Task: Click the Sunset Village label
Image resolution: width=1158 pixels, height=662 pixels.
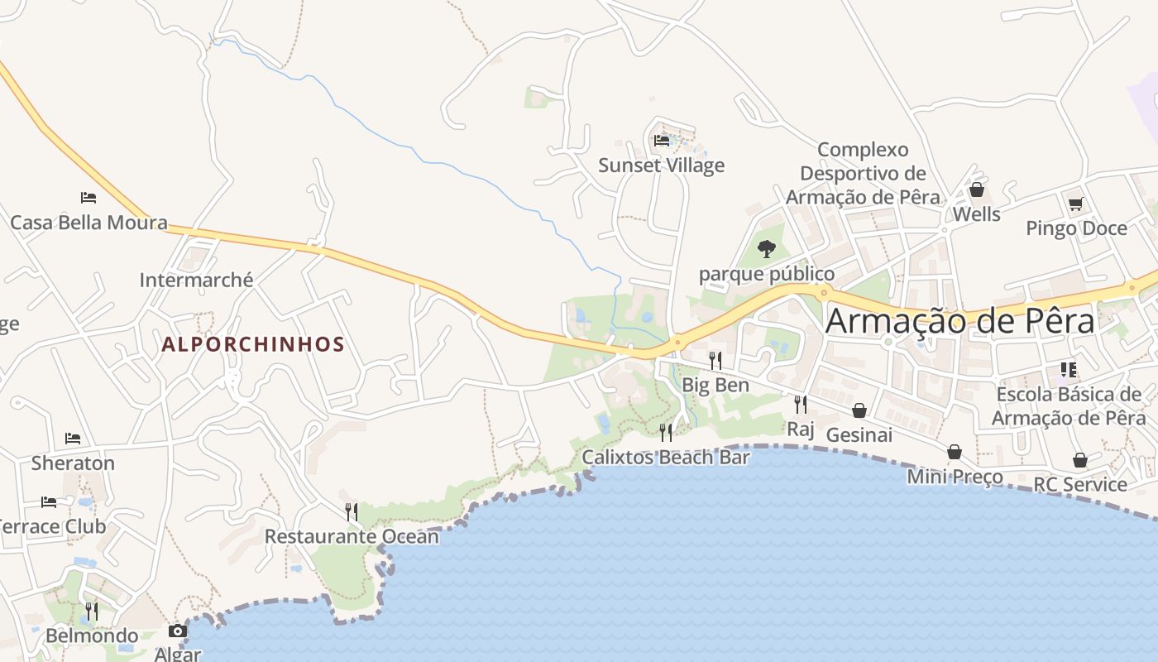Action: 661,165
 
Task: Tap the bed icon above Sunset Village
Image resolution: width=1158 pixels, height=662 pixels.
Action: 662,141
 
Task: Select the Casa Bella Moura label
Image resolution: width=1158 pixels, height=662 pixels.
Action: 89,223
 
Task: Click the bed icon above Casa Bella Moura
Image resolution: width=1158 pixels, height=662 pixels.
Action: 89,198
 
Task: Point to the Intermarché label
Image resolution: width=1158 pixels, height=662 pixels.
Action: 196,280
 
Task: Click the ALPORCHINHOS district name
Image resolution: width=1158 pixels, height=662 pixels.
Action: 252,344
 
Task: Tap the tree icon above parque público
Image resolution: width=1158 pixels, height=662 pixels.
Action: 767,248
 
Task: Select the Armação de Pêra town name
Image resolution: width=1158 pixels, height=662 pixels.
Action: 959,321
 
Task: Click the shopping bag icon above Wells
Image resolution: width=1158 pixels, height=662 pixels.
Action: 976,190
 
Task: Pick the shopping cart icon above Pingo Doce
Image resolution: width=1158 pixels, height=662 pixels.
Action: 1075,204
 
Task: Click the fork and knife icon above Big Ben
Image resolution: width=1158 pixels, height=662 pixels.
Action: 715,360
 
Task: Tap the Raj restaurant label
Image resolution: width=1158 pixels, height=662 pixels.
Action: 801,429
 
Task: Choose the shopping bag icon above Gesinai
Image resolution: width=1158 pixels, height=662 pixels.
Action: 859,410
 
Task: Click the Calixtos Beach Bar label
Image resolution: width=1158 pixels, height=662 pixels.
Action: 666,457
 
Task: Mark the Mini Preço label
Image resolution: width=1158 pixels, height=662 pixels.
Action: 955,477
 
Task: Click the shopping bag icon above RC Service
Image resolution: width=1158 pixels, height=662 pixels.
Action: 1080,460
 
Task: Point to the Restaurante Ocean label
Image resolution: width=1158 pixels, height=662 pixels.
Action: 352,536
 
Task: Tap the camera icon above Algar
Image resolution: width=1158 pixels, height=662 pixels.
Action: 177,631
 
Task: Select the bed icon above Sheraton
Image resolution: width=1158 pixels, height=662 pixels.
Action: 73,439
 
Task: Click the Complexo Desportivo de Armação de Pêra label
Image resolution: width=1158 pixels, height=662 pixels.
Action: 863,174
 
